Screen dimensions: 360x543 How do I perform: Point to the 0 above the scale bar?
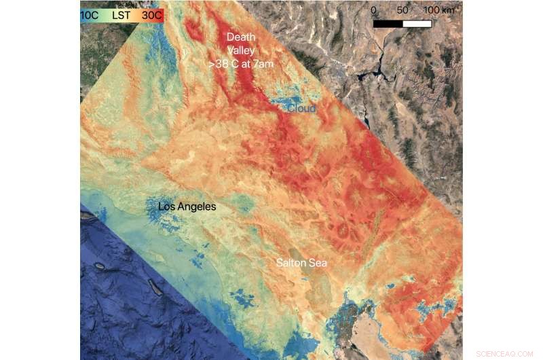coord(374,11)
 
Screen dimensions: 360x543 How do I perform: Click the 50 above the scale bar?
coord(402,11)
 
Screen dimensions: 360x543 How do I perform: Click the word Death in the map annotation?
coord(240,37)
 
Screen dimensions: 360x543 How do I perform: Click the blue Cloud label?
coord(301,109)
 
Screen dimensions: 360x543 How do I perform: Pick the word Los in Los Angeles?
coord(167,206)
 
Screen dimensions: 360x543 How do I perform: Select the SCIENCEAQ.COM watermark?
coord(504,354)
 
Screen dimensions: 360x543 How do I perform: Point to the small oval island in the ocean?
coord(100,266)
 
